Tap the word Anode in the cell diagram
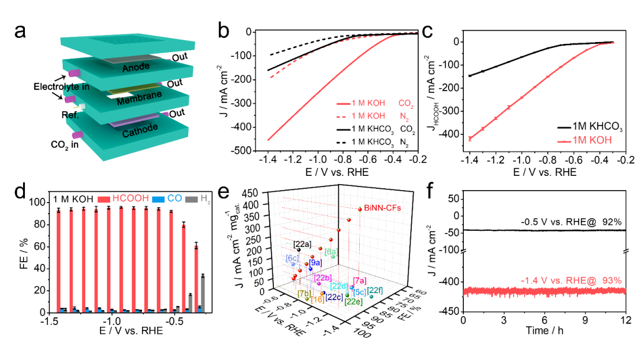[135, 68]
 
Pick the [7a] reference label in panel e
[359, 280]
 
